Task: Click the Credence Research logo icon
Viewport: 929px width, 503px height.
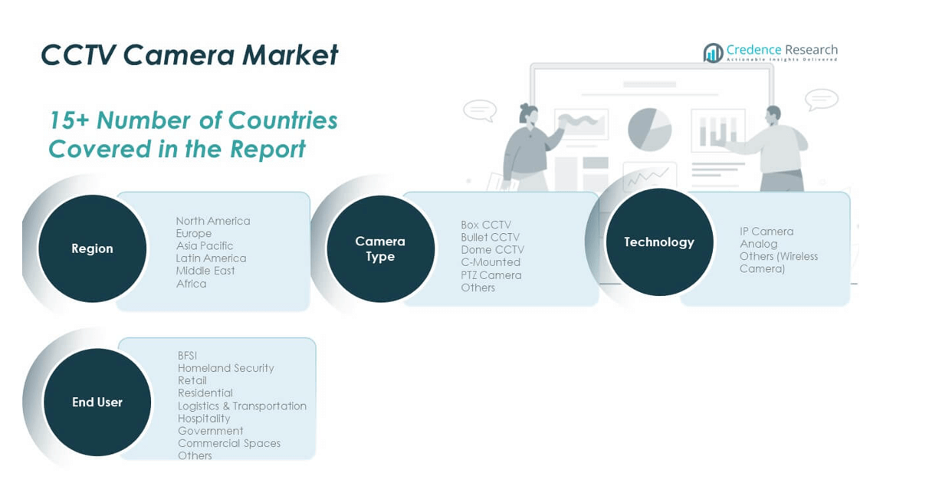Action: tap(713, 53)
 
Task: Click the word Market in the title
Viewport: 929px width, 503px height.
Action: tap(290, 54)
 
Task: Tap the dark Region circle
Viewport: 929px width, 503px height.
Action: tap(93, 248)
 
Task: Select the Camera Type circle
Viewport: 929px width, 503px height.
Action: tap(381, 249)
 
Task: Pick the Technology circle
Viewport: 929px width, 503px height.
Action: tap(659, 242)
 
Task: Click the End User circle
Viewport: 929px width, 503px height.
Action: tap(97, 402)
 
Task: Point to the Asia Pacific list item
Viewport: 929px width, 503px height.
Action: tap(205, 245)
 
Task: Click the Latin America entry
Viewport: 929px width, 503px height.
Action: tap(211, 258)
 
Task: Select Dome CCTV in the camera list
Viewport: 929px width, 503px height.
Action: tap(493, 250)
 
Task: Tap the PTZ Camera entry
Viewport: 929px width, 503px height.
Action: tap(491, 275)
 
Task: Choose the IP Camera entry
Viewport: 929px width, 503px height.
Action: tap(767, 231)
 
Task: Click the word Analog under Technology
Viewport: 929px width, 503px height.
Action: tap(759, 244)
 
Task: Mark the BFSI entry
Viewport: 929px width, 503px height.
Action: tap(188, 356)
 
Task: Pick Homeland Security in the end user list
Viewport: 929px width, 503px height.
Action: tap(226, 368)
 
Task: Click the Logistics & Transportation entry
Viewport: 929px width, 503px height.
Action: tap(242, 406)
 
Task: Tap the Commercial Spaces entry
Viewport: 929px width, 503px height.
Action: tap(229, 443)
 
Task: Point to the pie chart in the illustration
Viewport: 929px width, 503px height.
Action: tap(650, 130)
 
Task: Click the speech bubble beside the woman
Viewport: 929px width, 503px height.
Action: tap(480, 110)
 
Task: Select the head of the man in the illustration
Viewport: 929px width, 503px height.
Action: tap(773, 115)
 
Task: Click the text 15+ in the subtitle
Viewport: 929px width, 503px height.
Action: tap(69, 120)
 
